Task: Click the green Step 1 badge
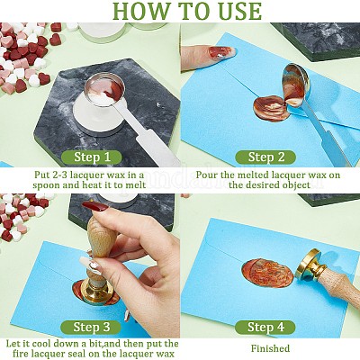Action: point(92,157)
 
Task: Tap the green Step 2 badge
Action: point(265,157)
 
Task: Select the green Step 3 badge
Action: point(91,328)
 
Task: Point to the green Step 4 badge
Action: point(265,328)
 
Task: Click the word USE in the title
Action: point(236,11)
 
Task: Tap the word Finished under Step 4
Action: point(270,348)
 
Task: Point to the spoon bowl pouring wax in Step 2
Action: point(295,85)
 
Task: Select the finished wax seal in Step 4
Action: point(267,273)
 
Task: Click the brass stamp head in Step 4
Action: point(310,265)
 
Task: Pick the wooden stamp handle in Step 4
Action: point(339,285)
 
